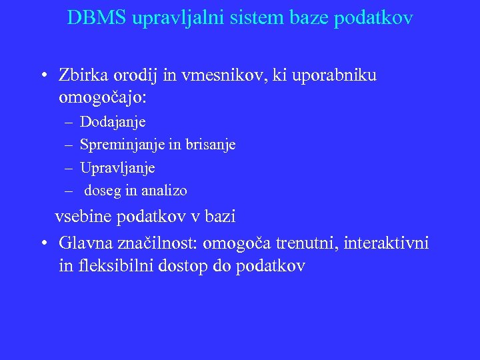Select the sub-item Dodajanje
113,122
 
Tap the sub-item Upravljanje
117,167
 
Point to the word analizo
163,191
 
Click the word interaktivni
389,243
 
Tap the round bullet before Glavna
43,243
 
